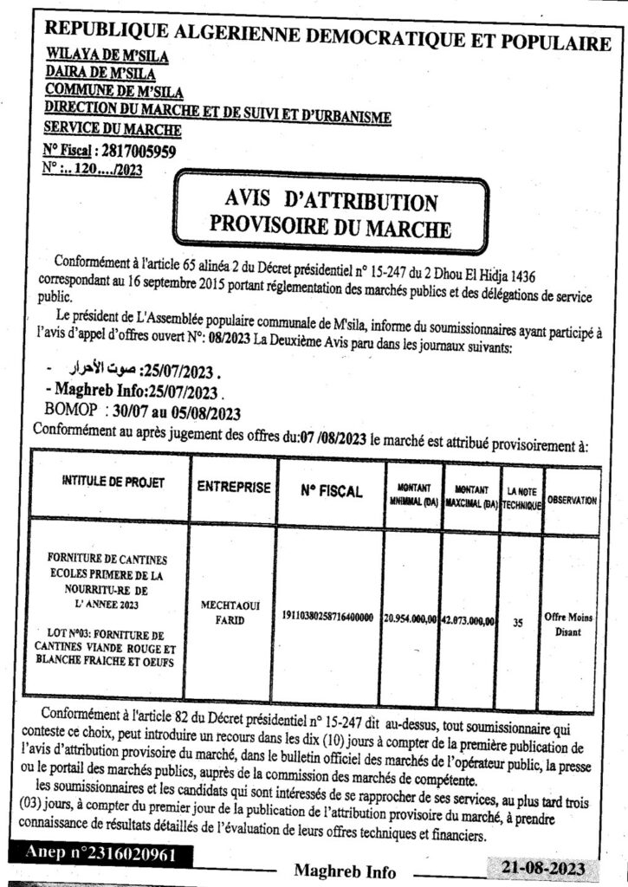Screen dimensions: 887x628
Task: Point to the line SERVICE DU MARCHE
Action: (113, 130)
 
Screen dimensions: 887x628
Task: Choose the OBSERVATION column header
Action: (572, 500)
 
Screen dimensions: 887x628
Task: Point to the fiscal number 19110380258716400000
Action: (327, 617)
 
